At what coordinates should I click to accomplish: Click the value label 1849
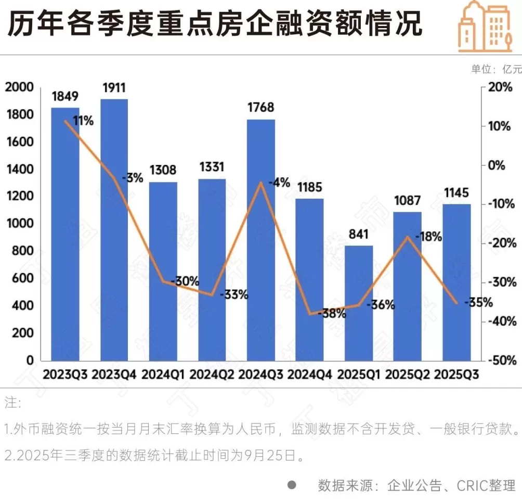pos(65,96)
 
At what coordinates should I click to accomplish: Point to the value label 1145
pos(456,193)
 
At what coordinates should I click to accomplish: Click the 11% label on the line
pos(83,121)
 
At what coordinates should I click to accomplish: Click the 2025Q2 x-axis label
pos(407,375)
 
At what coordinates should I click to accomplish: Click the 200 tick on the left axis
pos(23,333)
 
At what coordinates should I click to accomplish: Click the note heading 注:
pos(12,403)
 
